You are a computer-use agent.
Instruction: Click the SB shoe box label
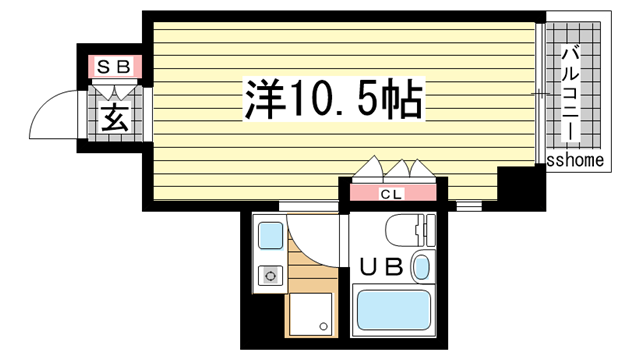point(114,67)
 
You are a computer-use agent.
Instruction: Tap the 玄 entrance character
point(116,118)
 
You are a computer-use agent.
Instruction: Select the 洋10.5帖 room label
point(333,99)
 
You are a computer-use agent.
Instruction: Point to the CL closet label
point(391,194)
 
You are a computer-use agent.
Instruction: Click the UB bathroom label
point(381,267)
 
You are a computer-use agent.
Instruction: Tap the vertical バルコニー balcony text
point(571,95)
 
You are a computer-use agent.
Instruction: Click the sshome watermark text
point(575,160)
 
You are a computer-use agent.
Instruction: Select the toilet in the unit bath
point(410,230)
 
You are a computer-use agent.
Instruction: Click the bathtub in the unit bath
point(393,310)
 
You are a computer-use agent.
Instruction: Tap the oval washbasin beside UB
point(422,267)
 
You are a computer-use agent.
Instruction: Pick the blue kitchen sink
point(271,236)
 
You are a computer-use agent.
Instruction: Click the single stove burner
point(270,276)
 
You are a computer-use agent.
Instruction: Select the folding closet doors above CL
point(394,169)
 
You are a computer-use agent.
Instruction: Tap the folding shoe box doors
point(115,91)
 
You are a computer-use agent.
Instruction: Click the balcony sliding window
point(540,93)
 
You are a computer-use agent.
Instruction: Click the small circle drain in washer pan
point(324,327)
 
